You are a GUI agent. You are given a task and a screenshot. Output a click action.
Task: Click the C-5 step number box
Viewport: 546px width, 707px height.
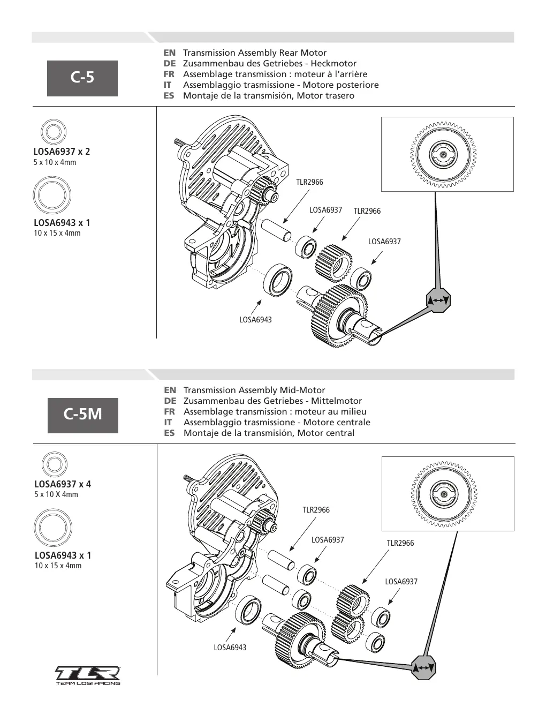82,78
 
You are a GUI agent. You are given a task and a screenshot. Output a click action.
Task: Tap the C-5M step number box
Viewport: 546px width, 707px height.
83,416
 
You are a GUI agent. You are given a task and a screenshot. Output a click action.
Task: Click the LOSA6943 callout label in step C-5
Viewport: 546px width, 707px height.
255,320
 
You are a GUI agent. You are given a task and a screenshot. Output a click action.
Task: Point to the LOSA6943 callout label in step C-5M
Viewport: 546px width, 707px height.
230,648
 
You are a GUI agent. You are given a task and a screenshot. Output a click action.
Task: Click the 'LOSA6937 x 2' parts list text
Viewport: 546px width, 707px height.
62,152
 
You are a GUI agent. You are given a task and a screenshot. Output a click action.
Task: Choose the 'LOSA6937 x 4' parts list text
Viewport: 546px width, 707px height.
63,484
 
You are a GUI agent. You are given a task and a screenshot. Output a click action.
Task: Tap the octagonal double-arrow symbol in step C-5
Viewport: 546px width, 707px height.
438,300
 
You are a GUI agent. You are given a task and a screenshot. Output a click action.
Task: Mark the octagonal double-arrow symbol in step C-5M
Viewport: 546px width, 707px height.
424,667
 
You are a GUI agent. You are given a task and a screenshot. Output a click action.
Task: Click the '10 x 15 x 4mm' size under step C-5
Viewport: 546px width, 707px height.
57,233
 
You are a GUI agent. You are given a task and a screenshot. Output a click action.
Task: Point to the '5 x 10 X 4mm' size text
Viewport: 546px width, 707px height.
56,494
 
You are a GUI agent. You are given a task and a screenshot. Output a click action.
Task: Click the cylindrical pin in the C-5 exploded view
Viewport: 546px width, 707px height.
277,230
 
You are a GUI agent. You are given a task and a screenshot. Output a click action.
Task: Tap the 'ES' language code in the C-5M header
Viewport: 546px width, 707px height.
170,433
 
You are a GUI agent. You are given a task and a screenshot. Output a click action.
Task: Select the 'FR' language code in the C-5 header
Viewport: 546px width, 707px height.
169,74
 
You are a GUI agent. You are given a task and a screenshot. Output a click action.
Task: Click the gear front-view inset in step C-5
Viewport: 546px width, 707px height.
448,154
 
